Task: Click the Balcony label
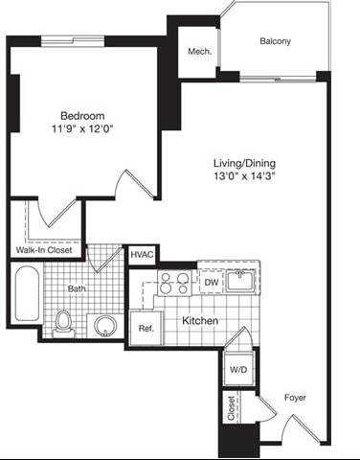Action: coord(276,42)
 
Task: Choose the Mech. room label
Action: coord(199,52)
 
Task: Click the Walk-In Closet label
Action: coord(45,251)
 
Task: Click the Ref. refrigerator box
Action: coord(146,328)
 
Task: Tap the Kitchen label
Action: coord(199,320)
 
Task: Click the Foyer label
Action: coord(295,396)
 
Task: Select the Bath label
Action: coord(78,287)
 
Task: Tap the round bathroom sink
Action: coord(104,324)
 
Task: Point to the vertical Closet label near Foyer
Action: coord(231,410)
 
